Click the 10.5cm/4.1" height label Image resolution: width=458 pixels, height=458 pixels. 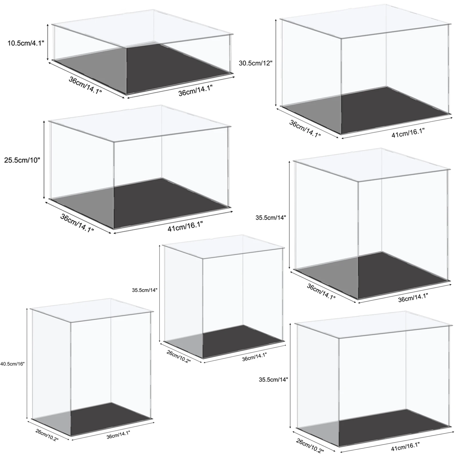point(26,44)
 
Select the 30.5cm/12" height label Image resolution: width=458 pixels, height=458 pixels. point(256,63)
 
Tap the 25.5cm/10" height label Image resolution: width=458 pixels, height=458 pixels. point(22,160)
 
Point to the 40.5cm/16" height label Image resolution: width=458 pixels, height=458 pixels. point(13,364)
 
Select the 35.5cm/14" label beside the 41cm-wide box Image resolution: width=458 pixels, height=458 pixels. point(273,380)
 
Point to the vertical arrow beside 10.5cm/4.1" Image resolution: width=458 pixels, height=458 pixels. point(48,42)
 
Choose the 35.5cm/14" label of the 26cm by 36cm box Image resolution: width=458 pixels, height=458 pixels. point(145,290)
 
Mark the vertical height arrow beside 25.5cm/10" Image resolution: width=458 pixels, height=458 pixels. point(44,160)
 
